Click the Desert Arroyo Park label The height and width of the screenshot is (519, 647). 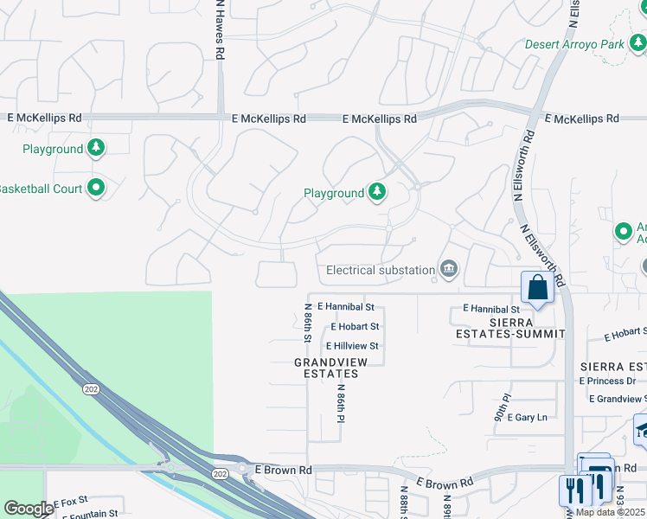(x=574, y=44)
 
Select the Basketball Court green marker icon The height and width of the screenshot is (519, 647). (x=96, y=188)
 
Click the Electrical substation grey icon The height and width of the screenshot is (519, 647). (x=448, y=270)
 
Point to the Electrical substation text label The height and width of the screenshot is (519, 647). (x=381, y=270)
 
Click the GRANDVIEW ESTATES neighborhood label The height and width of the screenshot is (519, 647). (x=326, y=368)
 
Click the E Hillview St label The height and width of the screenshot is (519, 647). (x=352, y=346)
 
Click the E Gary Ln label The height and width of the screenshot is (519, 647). (x=527, y=417)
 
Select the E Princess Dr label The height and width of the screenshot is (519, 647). (x=607, y=381)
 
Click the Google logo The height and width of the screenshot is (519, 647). (x=29, y=508)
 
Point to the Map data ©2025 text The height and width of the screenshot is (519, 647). (x=610, y=512)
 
